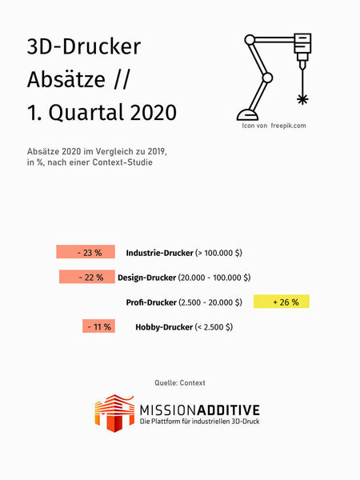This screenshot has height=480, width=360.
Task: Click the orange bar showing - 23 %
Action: pyautogui.click(x=86, y=252)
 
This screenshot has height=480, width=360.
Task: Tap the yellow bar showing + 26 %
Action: pyautogui.click(x=281, y=302)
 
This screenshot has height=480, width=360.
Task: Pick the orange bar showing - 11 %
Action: pyautogui.click(x=98, y=326)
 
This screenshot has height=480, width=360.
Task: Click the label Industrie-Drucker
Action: pyautogui.click(x=159, y=253)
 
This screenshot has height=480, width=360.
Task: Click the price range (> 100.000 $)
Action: pyautogui.click(x=218, y=253)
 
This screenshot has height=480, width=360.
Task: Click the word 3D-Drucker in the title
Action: pyautogui.click(x=84, y=47)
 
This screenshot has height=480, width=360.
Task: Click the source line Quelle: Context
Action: pyautogui.click(x=180, y=383)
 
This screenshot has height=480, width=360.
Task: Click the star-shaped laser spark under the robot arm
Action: pyautogui.click(x=302, y=99)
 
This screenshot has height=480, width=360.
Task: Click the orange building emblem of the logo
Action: pyautogui.click(x=113, y=412)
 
